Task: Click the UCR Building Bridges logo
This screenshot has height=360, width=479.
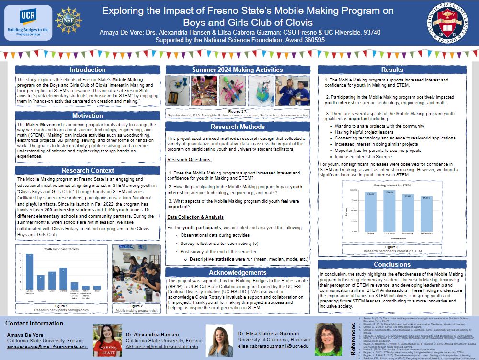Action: (x=28, y=23)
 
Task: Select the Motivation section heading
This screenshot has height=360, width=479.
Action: (x=88, y=116)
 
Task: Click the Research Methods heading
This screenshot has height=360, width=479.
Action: (x=238, y=127)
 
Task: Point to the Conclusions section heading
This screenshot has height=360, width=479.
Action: (x=392, y=264)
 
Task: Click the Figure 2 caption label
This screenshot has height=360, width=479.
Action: (x=136, y=305)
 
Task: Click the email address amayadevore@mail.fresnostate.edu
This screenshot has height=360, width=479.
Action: (x=47, y=347)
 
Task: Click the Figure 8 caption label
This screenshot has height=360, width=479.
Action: (x=392, y=247)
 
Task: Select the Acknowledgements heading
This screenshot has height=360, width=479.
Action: (x=238, y=272)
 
